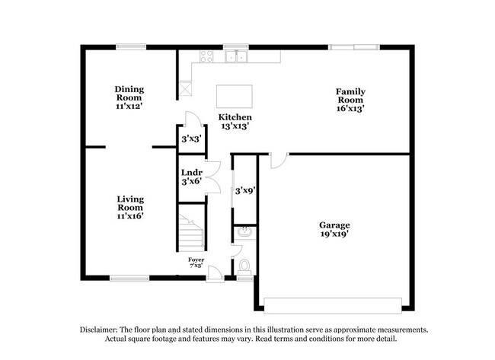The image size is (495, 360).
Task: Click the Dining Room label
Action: tap(129, 93)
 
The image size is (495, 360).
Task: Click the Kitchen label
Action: tap(235, 117)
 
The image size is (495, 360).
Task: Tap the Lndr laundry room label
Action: tap(190, 173)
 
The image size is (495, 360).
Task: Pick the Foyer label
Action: tap(196, 260)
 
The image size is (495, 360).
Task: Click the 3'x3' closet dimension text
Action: tap(190, 139)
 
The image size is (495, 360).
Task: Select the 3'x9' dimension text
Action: tap(244, 190)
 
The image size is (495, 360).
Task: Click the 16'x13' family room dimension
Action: tap(350, 108)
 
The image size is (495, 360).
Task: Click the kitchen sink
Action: tap(237, 56)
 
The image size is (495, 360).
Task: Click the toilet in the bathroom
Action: tap(244, 266)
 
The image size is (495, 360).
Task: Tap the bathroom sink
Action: tap(244, 231)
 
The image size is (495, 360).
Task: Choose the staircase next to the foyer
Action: tap(191, 231)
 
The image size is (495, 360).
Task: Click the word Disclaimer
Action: tap(104, 329)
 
